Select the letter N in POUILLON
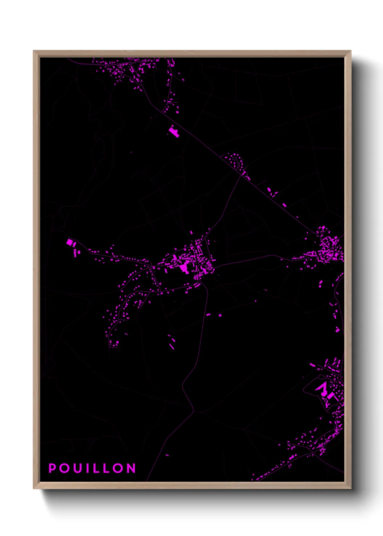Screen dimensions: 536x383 click(x=131, y=468)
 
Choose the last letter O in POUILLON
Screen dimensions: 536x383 click(x=118, y=468)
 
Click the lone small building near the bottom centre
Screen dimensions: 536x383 click(x=167, y=455)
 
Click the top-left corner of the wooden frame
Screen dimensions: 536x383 click(x=34, y=51)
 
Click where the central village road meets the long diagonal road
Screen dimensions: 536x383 click(x=241, y=175)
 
